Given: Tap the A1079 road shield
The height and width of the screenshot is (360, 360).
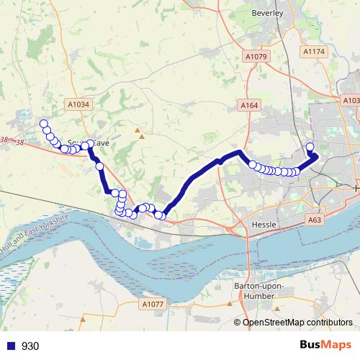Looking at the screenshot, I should coord(256,56).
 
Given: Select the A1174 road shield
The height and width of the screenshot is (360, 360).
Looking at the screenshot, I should coord(315,52).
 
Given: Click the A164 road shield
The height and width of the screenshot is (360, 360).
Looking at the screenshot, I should coord(249,106).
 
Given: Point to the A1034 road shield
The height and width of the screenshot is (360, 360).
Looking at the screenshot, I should coord(79,104).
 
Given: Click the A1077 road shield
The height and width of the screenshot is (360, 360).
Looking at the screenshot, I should coord(153,305).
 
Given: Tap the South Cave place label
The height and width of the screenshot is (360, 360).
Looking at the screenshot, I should coord(87,143).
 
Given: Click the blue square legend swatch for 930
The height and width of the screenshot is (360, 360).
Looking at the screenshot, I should coord(9,346).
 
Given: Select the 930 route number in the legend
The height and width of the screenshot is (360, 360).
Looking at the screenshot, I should coord(31,346).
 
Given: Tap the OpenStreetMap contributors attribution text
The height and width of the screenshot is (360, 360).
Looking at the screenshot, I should coord(297,323).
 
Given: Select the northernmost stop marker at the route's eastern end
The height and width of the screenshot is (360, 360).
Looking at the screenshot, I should coord(310,148).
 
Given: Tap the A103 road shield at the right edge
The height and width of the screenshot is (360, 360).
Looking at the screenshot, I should coord(352,101).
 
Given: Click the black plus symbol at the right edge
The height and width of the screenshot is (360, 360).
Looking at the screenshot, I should coord(356,188).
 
